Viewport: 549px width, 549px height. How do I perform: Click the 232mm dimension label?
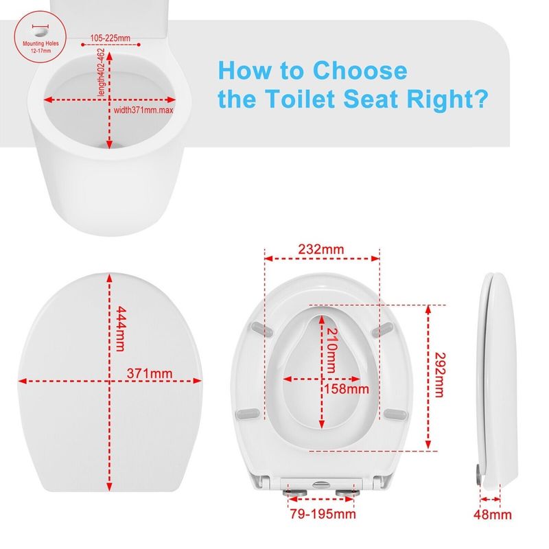(321, 248)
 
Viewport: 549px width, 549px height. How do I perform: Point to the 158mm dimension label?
(346, 389)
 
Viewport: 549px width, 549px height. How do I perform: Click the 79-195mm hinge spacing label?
(321, 513)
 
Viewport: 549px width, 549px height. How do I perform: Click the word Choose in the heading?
(360, 71)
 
